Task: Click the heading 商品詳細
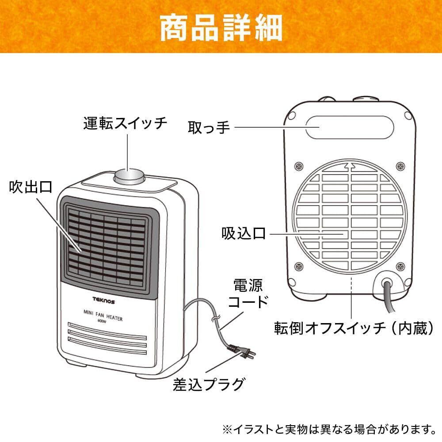click(x=221, y=27)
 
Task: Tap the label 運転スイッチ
click(x=126, y=123)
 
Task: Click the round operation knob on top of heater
click(x=129, y=177)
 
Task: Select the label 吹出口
click(x=30, y=187)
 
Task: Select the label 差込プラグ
click(x=208, y=384)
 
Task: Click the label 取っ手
click(x=209, y=128)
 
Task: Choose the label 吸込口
click(x=244, y=233)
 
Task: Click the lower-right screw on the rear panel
click(x=400, y=266)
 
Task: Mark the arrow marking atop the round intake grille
click(x=351, y=166)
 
